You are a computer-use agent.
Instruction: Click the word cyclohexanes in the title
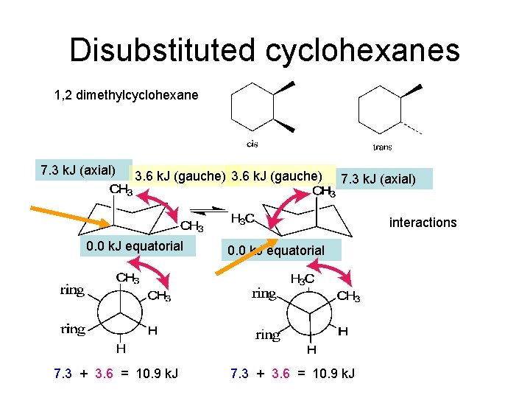click(x=359, y=51)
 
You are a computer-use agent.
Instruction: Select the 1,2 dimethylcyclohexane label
click(x=126, y=95)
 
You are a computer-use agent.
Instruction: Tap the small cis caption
click(x=252, y=144)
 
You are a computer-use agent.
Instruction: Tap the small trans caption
click(x=383, y=147)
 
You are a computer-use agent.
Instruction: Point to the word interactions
click(x=423, y=223)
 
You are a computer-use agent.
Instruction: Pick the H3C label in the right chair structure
click(x=243, y=219)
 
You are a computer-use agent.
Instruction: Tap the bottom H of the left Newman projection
click(x=120, y=349)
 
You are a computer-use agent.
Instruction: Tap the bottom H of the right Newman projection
click(x=311, y=349)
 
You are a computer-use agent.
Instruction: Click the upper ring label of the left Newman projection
click(x=72, y=290)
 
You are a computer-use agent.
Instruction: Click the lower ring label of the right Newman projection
click(x=267, y=335)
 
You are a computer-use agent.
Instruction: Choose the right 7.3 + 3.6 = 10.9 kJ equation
click(x=292, y=374)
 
